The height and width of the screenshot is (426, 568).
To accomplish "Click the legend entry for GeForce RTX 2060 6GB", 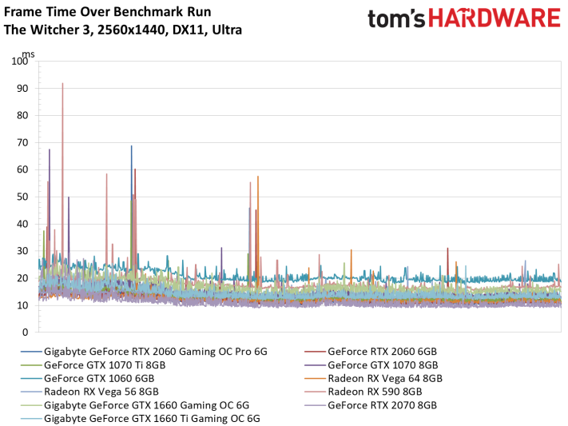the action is [371, 352].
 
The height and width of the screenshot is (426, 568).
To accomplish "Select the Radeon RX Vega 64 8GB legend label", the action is [374, 378].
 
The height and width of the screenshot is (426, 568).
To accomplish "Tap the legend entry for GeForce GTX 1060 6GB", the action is [88, 378].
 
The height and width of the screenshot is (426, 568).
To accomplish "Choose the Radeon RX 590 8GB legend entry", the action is [363, 392].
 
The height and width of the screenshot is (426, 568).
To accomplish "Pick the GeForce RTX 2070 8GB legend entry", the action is [371, 405].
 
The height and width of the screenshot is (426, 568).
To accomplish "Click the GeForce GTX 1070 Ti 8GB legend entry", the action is [93, 364].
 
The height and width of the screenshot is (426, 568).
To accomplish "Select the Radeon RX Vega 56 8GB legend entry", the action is [89, 392].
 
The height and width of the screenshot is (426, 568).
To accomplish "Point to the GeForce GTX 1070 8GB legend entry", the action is [371, 364].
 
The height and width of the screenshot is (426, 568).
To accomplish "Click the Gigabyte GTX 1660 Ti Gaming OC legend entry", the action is [141, 418].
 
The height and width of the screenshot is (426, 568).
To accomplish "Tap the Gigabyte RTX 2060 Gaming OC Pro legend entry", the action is [144, 352].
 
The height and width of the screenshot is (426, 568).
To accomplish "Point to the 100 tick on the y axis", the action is [19, 61].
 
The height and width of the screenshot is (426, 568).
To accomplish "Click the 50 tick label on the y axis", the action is [22, 197].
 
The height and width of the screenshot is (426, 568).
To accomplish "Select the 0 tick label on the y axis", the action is [25, 332].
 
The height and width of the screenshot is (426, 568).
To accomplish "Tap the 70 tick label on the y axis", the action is [22, 142].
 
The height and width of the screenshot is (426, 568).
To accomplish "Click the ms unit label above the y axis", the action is [29, 54].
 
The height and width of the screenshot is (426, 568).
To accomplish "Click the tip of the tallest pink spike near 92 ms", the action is [62, 83].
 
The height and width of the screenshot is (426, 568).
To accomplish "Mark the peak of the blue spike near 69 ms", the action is [132, 145].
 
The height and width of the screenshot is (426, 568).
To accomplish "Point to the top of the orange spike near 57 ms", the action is [258, 176].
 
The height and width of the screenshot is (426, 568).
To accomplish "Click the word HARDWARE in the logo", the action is [495, 18].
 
